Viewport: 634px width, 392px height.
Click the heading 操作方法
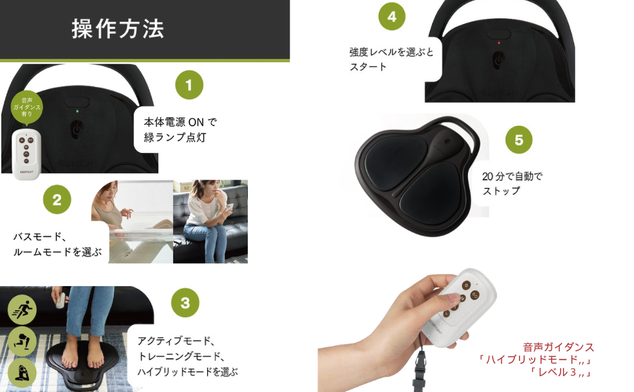(x=118, y=29)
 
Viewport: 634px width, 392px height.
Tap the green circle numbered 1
(x=189, y=85)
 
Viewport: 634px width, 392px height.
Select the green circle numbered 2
(x=57, y=200)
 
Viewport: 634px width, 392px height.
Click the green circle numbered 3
(x=185, y=302)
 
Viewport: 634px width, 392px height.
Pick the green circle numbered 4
(x=392, y=17)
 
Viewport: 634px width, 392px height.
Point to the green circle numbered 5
(x=519, y=140)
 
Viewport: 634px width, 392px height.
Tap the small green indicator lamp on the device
(x=76, y=112)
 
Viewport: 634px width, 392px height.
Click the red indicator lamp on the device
(x=499, y=43)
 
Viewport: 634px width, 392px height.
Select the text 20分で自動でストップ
(x=512, y=184)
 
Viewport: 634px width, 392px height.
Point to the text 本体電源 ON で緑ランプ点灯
(x=180, y=129)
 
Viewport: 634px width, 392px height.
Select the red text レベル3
(x=561, y=372)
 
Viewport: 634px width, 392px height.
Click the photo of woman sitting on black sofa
(x=210, y=221)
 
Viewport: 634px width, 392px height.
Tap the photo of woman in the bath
(x=132, y=221)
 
